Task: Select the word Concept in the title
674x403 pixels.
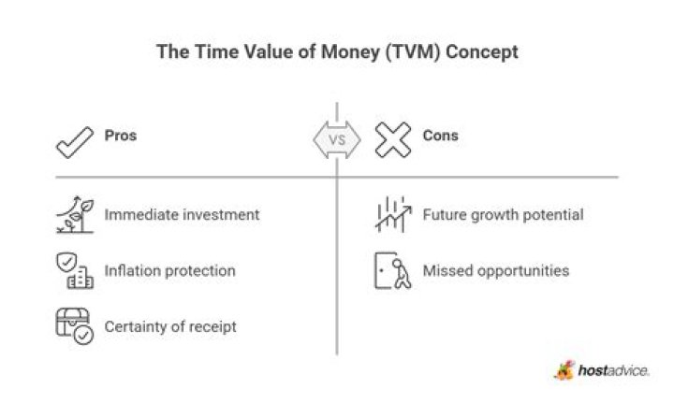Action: [x=481, y=52]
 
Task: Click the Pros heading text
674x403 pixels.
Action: [x=121, y=136]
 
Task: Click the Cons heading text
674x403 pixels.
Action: [x=440, y=136]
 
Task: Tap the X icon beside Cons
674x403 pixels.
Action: [x=393, y=140]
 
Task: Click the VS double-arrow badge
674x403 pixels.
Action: [x=336, y=141]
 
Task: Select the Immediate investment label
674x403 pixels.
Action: [x=182, y=215]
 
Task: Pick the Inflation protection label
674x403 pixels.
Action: [x=169, y=271]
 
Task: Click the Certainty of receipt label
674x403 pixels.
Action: [x=170, y=326]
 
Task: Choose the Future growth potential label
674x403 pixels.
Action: [x=503, y=215]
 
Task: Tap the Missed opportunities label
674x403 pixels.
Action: [x=495, y=271]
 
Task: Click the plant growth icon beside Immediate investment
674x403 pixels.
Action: [x=73, y=215]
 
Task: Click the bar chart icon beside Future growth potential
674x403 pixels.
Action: [x=392, y=215]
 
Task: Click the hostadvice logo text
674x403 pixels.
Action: [x=613, y=371]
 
